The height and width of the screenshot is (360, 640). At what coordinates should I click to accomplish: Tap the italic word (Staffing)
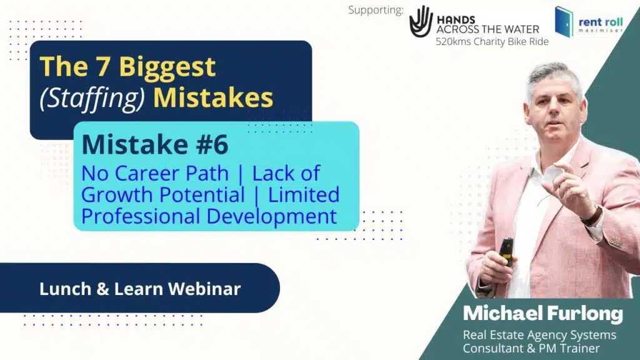click(92, 98)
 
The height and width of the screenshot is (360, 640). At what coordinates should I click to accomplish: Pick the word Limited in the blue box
click(304, 195)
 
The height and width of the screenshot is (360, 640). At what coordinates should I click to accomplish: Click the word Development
click(272, 216)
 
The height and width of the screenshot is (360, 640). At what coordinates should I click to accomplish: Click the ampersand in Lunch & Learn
click(103, 289)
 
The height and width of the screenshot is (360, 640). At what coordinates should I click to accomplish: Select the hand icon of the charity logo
click(421, 21)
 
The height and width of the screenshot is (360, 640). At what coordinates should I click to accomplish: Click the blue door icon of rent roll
click(564, 22)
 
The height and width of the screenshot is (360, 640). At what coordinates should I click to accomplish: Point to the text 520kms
click(453, 42)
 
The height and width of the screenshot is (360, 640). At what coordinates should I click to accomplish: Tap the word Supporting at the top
click(376, 10)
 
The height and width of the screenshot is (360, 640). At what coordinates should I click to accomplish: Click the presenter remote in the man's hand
click(506, 251)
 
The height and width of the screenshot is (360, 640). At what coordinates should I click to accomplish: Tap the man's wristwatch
click(591, 216)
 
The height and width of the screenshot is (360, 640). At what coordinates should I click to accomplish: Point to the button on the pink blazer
click(616, 242)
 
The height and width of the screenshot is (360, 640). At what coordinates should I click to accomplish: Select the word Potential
click(198, 195)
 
